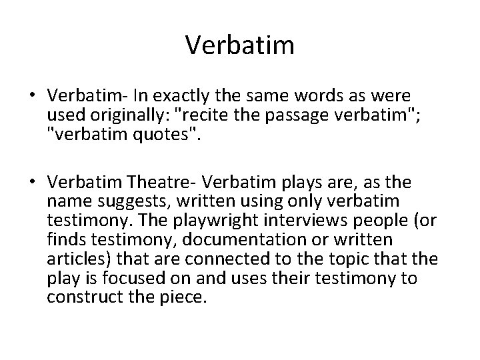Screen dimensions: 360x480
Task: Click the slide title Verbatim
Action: (x=239, y=45)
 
